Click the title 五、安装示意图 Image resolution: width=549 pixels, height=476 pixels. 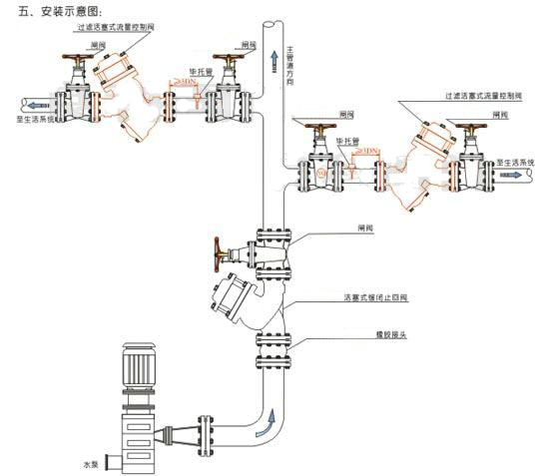click(x=59, y=10)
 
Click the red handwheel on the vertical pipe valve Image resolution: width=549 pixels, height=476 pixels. click(x=217, y=254)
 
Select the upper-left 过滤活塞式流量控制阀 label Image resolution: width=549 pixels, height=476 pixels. click(x=110, y=31)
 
